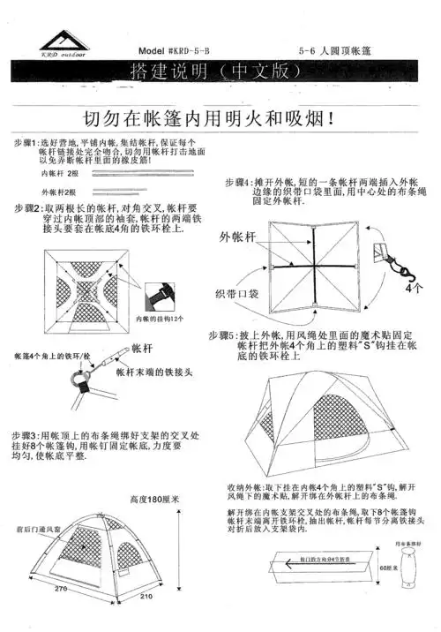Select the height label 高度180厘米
click(154, 499)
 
